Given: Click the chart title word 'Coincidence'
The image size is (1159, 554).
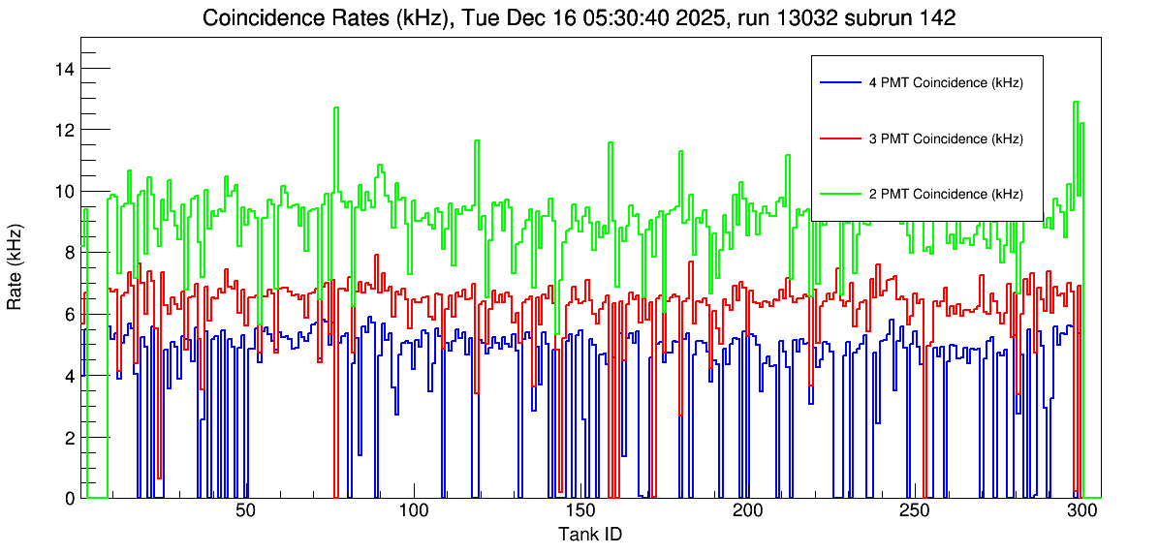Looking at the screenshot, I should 262,18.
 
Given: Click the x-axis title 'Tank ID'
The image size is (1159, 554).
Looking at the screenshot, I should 589,534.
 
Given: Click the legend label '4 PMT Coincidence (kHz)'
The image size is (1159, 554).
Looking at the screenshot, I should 946,83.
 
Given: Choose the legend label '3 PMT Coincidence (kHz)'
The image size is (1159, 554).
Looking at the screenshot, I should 946,138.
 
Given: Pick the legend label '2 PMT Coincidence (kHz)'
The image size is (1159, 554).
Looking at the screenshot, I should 946,194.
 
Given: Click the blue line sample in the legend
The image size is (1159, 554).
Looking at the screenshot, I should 839,83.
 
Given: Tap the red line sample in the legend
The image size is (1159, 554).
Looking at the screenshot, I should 839,138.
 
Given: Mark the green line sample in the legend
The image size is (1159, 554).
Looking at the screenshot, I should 839,194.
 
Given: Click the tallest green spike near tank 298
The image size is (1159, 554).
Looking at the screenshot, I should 1076,104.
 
